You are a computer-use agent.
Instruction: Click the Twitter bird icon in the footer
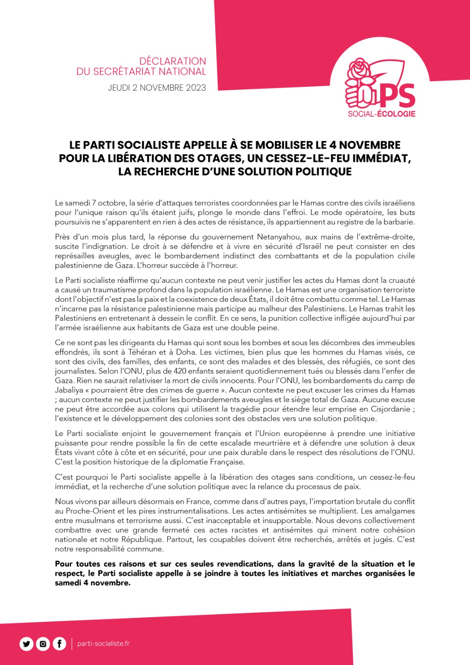pyautogui.click(x=27, y=644)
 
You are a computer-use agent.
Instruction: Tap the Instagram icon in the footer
pyautogui.click(x=43, y=644)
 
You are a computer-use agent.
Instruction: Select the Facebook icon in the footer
pyautogui.click(x=59, y=644)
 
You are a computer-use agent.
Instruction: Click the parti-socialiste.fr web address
pyautogui.click(x=103, y=644)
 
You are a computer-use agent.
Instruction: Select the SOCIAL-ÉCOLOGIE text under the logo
pyautogui.click(x=381, y=114)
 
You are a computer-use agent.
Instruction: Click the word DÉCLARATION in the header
pyautogui.click(x=172, y=62)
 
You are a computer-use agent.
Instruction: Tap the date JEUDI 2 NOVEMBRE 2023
pyautogui.click(x=157, y=88)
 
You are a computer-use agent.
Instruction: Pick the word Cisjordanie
pyautogui.click(x=386, y=409)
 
